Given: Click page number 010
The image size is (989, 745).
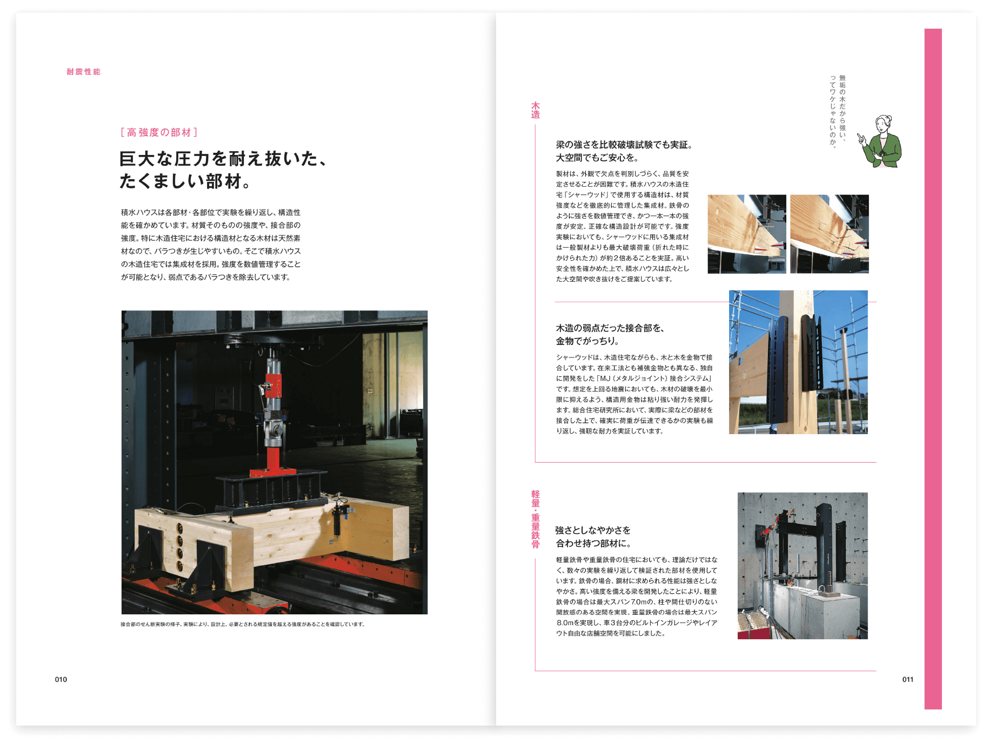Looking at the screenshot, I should (x=61, y=679).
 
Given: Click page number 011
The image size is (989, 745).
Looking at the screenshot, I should (x=907, y=679).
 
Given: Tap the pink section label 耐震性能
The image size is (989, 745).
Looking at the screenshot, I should (x=83, y=72).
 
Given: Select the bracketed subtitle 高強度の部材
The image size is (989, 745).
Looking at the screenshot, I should (x=159, y=132).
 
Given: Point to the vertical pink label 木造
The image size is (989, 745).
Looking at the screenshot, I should (x=535, y=110).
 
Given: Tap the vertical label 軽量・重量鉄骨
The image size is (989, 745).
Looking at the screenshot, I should (x=535, y=519).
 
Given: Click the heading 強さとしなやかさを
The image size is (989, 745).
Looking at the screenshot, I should (x=593, y=530).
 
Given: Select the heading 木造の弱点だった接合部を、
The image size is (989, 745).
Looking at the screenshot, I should (x=610, y=328).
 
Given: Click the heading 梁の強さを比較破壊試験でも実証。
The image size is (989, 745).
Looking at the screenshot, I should (x=624, y=145).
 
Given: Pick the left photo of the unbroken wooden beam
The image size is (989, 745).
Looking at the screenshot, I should (x=746, y=234).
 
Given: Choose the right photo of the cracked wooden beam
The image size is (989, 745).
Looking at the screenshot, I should (x=829, y=234).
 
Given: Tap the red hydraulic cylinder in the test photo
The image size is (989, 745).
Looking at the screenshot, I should (x=273, y=378).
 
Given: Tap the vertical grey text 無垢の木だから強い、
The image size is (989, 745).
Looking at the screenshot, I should (x=842, y=111).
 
